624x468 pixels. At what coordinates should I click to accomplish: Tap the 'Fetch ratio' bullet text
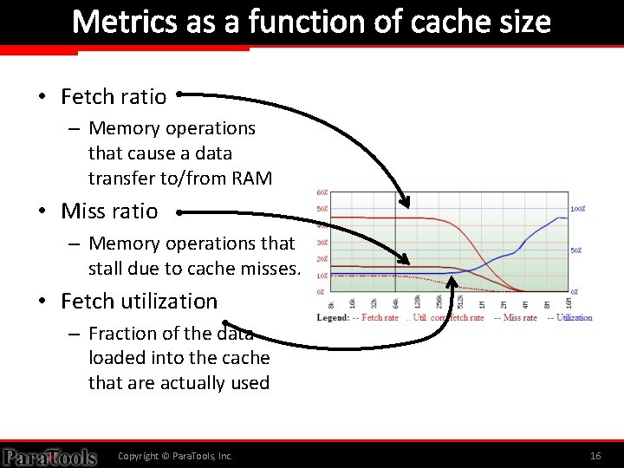click(x=114, y=96)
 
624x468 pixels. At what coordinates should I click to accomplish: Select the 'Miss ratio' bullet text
click(x=109, y=211)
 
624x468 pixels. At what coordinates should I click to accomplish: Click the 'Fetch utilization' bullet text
click(x=139, y=301)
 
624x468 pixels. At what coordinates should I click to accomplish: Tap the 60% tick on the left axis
click(x=321, y=192)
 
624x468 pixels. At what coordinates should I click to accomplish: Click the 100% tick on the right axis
click(x=578, y=209)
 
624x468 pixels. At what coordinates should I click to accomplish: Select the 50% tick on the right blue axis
click(x=575, y=250)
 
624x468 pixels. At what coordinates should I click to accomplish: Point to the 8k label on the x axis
click(x=331, y=303)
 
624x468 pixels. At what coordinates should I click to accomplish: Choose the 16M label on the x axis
click(x=569, y=303)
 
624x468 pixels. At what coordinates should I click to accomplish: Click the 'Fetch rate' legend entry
click(x=379, y=318)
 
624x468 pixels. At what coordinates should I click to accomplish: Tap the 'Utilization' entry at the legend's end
click(x=573, y=318)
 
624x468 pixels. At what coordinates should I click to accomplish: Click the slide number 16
click(x=595, y=456)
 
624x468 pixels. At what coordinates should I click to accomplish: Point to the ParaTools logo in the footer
click(x=49, y=456)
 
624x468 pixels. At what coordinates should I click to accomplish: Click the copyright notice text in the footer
click(x=175, y=456)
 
